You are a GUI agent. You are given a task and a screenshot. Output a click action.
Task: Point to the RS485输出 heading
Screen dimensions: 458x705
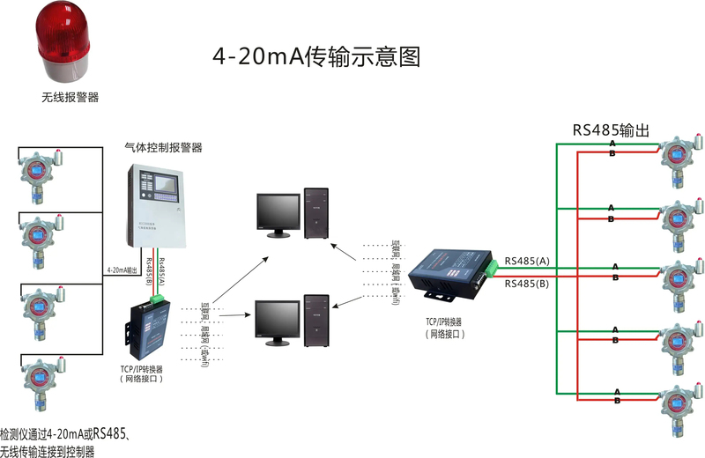point(611,130)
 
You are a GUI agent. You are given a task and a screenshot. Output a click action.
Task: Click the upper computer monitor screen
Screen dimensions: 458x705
point(272,211)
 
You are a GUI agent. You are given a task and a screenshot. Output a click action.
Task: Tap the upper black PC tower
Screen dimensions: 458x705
point(316,212)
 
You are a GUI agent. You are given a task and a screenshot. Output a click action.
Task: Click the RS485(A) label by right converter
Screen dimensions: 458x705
point(526,262)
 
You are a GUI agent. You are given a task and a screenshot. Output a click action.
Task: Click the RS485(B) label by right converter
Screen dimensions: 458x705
point(526,284)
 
